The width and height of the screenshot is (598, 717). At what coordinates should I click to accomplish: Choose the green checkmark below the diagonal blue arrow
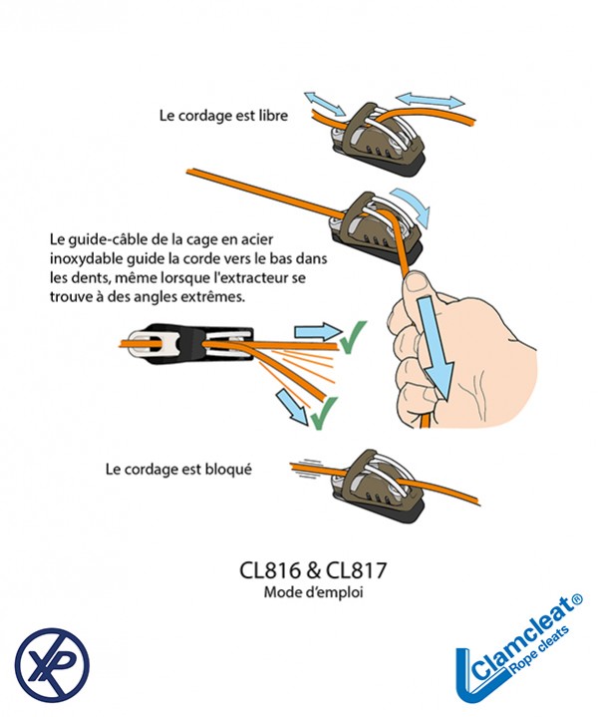coord(319,414)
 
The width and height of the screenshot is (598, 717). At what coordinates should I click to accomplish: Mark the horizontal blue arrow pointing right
coord(315,331)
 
